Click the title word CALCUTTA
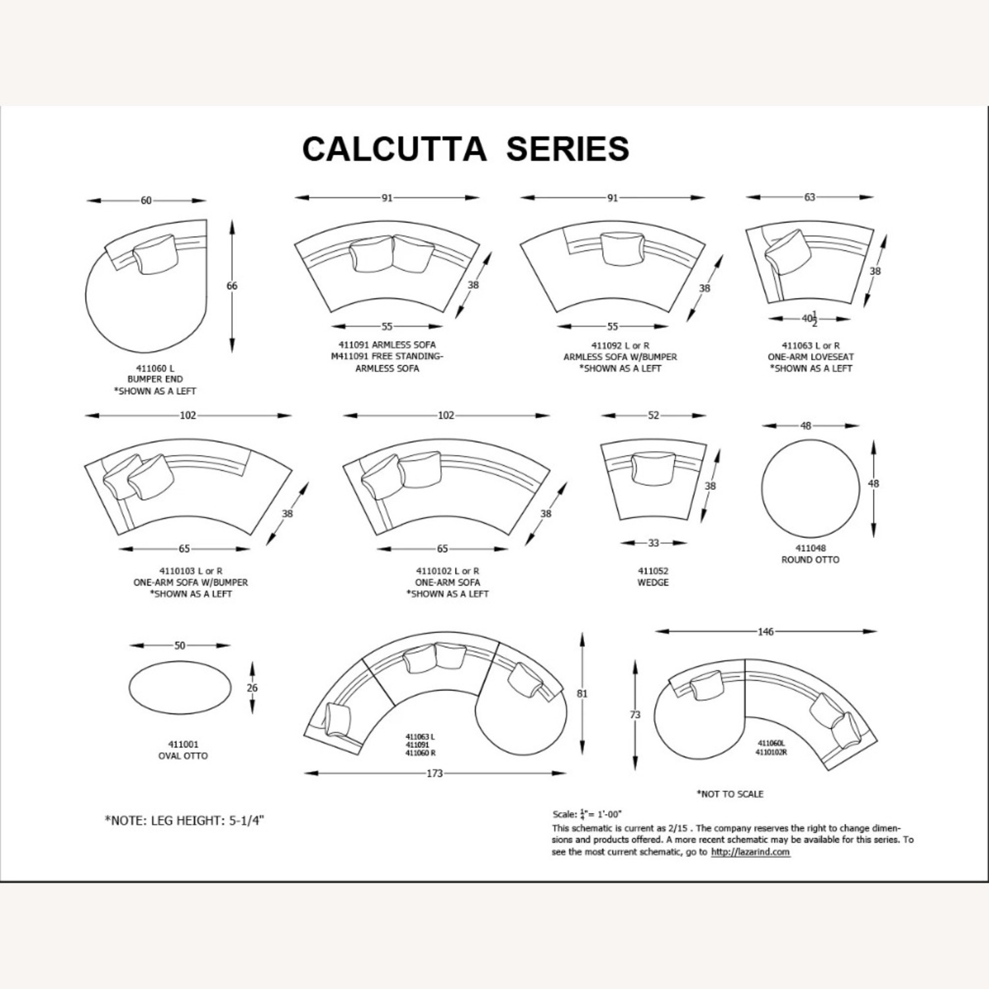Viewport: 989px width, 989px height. (394, 149)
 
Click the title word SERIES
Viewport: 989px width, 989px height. (567, 149)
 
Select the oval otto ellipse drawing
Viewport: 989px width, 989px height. (179, 688)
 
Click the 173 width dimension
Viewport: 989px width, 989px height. (435, 773)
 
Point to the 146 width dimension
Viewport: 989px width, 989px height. (765, 632)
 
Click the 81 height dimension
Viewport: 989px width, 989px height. (582, 694)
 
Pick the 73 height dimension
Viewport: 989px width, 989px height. (635, 715)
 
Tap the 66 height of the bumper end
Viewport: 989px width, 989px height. (231, 286)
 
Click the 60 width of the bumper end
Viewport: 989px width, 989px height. (146, 200)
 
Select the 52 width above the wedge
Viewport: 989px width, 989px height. (653, 415)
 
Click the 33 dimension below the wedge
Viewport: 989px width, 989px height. (653, 543)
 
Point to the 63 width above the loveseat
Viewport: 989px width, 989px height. (809, 196)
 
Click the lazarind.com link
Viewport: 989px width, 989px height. (750, 852)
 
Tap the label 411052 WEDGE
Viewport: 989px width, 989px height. (653, 577)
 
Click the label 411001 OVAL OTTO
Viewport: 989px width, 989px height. (183, 750)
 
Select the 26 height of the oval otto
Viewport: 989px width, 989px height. (252, 688)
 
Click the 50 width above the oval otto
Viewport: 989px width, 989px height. (179, 645)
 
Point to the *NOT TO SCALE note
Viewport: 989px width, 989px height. (730, 794)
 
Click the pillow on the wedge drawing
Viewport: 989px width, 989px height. (652, 467)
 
